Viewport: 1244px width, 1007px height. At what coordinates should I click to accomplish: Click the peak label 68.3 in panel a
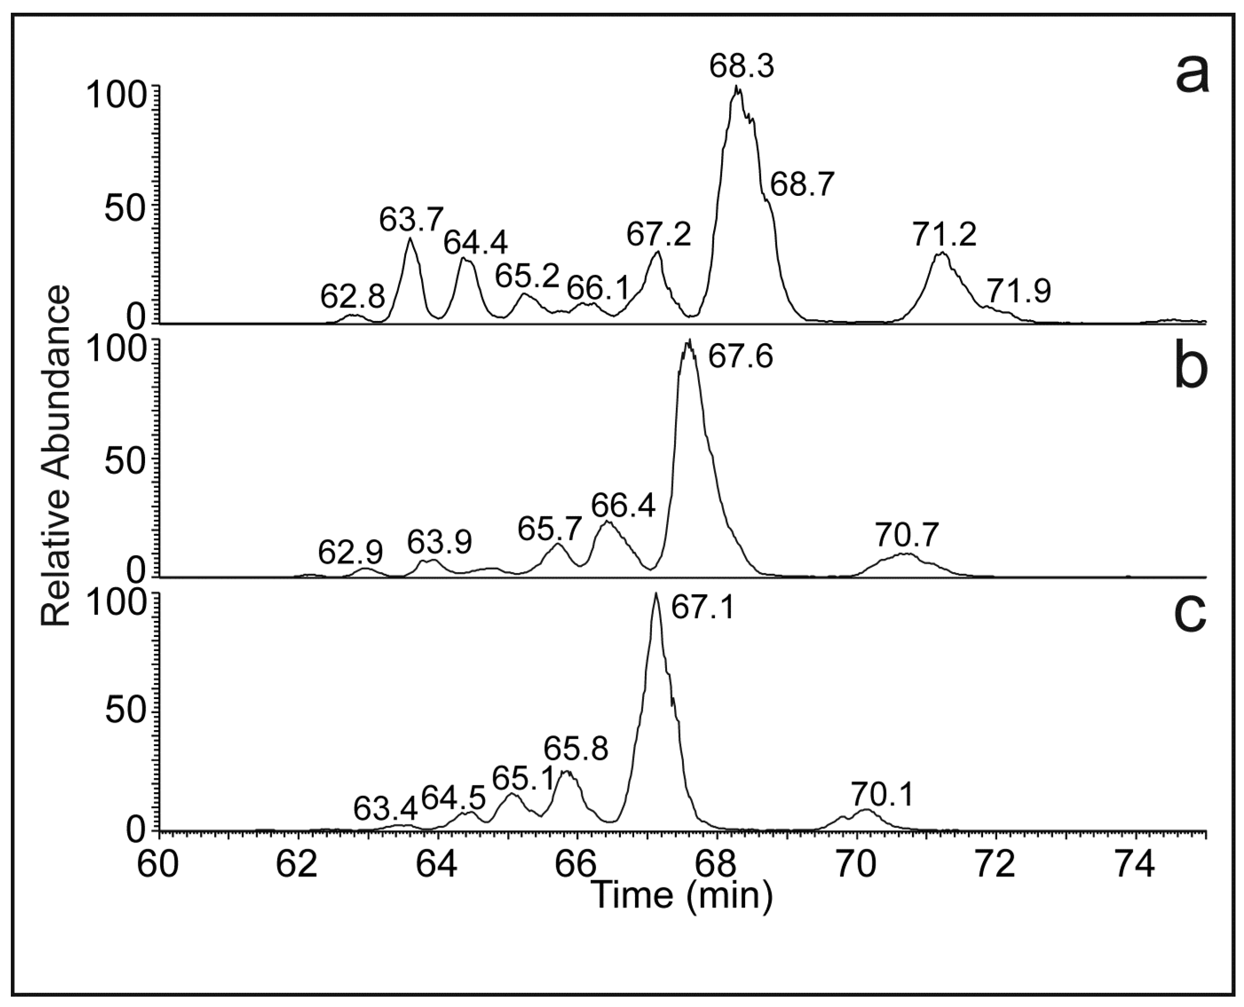[x=741, y=67]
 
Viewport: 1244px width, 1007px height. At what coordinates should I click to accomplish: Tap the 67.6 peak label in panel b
[x=740, y=357]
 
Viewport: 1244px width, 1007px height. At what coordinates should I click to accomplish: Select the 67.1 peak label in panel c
[x=702, y=609]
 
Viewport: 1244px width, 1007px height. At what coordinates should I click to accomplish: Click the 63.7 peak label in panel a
[x=411, y=220]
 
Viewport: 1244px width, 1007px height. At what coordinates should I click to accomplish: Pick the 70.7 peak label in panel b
[x=906, y=536]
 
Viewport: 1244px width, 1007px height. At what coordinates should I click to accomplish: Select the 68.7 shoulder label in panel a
[x=803, y=185]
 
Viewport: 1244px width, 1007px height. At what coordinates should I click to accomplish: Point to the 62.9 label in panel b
[x=350, y=553]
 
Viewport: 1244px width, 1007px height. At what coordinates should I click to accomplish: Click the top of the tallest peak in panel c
[x=656, y=594]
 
